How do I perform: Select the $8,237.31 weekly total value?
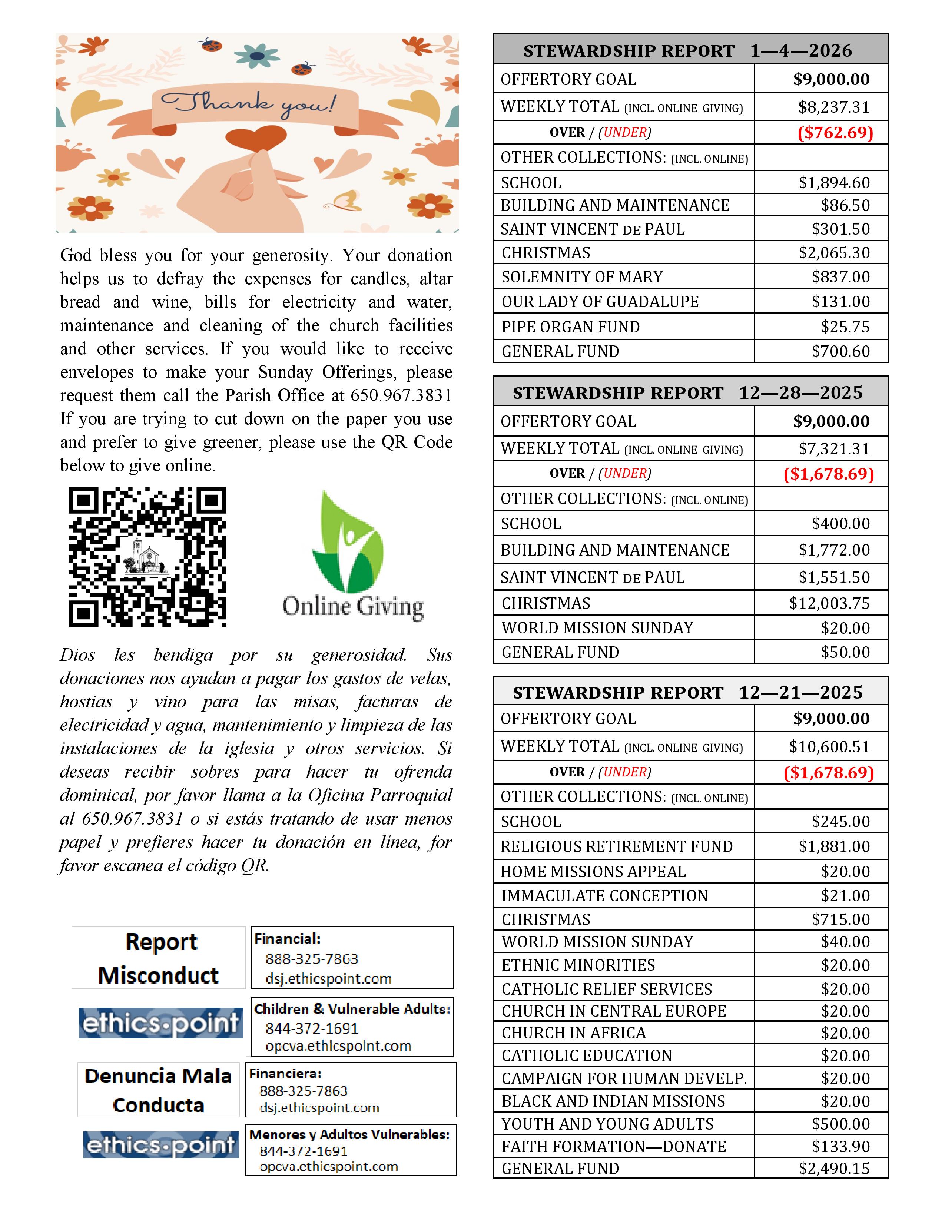point(833,107)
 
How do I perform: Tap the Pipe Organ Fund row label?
point(570,327)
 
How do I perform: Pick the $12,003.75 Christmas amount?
point(829,603)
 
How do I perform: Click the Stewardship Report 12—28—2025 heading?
point(687,392)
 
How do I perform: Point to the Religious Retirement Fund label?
point(616,846)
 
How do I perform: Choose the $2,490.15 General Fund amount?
point(833,1168)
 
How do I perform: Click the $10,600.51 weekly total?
point(829,746)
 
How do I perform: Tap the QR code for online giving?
point(147,557)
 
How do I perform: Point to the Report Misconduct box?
point(159,958)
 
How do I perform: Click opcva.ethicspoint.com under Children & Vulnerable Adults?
point(338,1046)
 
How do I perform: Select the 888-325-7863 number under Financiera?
point(304,1091)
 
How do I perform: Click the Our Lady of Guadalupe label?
point(600,302)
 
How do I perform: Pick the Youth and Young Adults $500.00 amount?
point(840,1124)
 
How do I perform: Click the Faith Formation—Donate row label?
point(614,1146)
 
